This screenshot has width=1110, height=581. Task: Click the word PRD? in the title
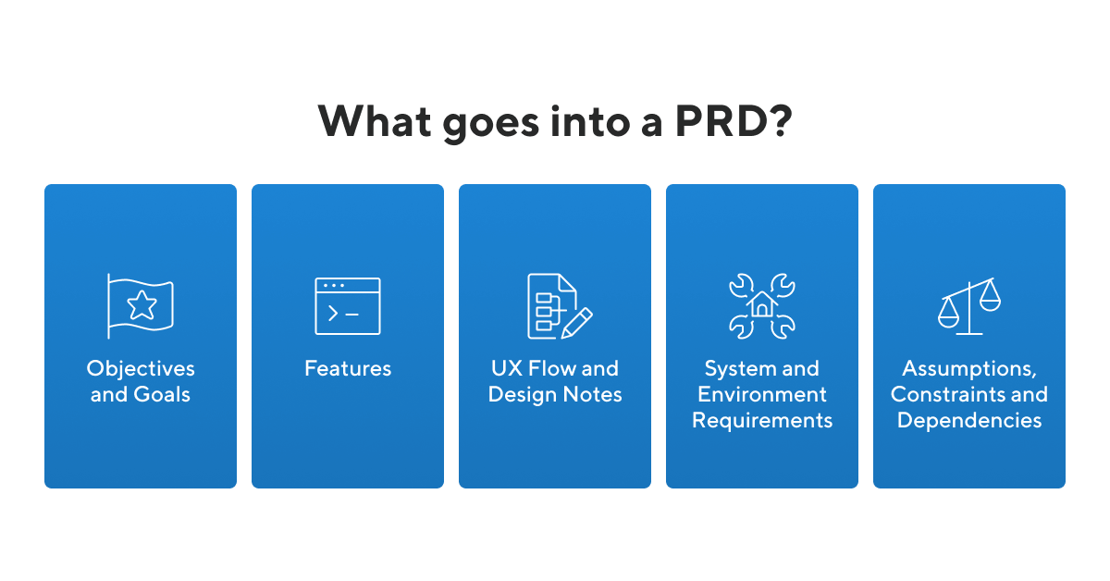click(734, 121)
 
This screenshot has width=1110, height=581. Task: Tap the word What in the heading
click(375, 121)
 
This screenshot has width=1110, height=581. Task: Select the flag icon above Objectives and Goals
click(141, 306)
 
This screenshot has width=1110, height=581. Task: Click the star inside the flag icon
click(142, 305)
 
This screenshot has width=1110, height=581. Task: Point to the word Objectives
click(141, 369)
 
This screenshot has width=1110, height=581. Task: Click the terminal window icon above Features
click(348, 306)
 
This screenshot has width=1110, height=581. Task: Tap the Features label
click(348, 368)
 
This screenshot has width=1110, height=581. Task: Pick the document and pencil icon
click(560, 306)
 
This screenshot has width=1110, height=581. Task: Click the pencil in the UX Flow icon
click(577, 323)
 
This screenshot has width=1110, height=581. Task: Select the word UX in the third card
click(507, 368)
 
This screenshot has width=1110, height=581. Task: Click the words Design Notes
click(555, 395)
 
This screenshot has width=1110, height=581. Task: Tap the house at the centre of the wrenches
click(762, 303)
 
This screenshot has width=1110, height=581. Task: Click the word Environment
click(762, 395)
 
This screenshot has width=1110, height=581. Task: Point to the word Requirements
click(762, 421)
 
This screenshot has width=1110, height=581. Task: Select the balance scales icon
click(969, 306)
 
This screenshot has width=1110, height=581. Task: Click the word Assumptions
click(969, 369)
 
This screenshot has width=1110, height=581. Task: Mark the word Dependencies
click(969, 421)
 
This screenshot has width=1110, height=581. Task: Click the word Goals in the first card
click(162, 395)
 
